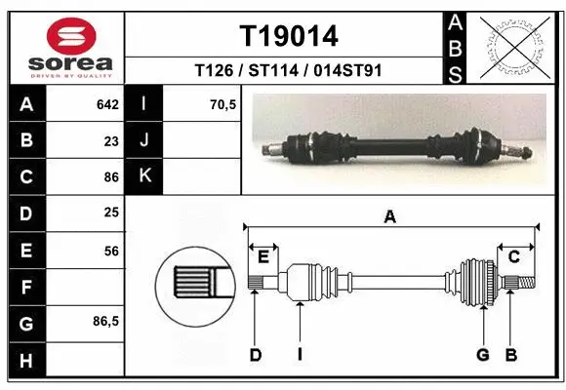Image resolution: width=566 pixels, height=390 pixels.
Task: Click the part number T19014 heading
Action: tap(289, 36)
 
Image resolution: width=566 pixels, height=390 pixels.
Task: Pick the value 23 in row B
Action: tap(110, 140)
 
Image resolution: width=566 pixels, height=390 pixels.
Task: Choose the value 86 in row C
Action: tap(110, 176)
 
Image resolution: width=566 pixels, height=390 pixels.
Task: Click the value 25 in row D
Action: tap(110, 213)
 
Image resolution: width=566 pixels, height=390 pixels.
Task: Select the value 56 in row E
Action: tap(110, 251)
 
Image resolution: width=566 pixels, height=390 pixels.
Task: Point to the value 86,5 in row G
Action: tap(104, 322)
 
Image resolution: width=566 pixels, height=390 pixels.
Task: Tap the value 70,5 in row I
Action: tap(223, 104)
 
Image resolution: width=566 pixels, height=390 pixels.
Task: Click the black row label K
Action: tap(143, 176)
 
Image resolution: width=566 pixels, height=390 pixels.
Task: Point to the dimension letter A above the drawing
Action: tap(389, 218)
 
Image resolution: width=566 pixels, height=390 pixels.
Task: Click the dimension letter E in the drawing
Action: tap(263, 256)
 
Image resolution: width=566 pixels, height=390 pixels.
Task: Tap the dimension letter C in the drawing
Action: tap(513, 256)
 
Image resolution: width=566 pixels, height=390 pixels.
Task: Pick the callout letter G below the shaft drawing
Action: tap(482, 355)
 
